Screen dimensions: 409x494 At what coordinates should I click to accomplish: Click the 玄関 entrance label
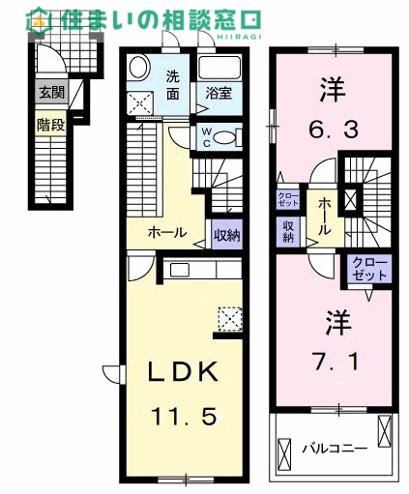coord(52,93)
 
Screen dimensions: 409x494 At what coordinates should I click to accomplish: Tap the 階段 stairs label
coord(51,125)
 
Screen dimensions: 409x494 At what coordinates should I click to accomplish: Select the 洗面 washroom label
coord(173,85)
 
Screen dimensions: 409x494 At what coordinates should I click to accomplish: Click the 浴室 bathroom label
coord(219,94)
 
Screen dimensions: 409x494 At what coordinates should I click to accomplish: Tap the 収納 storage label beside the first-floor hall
coord(227,236)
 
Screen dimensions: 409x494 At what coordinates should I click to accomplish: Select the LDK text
coord(183,371)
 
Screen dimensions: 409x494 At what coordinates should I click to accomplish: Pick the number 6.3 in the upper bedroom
coord(334,130)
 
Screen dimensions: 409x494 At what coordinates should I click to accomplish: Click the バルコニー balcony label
coord(335,449)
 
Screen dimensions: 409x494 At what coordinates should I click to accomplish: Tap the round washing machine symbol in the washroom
coord(139,68)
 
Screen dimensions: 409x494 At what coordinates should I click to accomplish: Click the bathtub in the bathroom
coord(219,69)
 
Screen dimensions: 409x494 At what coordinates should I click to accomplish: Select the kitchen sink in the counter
coord(180,270)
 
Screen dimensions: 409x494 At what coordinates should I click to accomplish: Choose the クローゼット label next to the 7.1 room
coord(369,269)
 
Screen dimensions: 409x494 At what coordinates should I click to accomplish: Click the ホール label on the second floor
coord(325,217)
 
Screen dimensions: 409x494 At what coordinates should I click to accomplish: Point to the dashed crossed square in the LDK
coord(230,319)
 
